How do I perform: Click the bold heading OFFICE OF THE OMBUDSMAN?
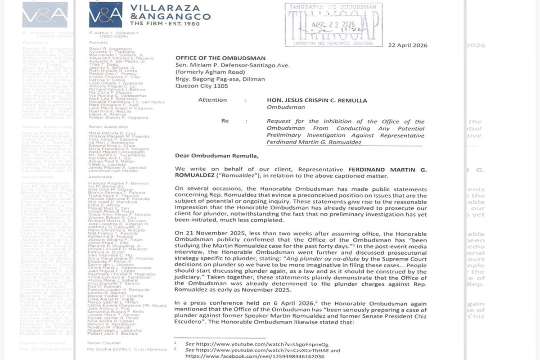(x=220, y=58)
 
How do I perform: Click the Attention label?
(x=212, y=100)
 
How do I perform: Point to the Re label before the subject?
(x=225, y=121)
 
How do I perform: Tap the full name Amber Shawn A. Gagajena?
(x=110, y=118)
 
